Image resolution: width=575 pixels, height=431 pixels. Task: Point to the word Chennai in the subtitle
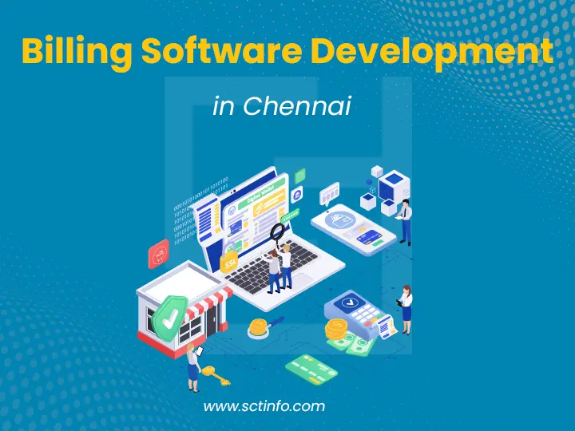click(x=296, y=106)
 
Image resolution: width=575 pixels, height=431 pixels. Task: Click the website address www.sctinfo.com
click(x=264, y=406)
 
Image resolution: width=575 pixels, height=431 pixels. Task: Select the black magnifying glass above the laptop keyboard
click(x=277, y=232)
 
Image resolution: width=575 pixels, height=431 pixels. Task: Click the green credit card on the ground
click(x=312, y=369)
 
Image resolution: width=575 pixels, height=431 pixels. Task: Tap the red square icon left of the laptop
click(x=158, y=255)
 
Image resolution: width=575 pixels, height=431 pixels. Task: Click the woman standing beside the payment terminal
click(x=406, y=309)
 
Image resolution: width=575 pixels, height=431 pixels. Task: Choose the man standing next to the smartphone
click(x=406, y=221)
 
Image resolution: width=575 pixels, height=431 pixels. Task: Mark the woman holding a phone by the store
click(x=193, y=366)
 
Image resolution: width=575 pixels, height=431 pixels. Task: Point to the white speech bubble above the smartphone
click(x=329, y=192)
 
